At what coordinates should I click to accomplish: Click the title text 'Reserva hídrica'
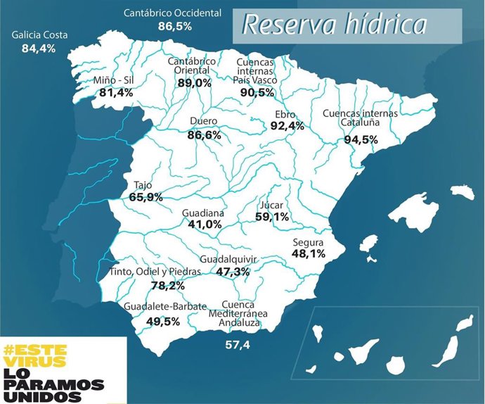[334, 25]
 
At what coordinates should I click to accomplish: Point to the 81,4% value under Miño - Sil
[116, 93]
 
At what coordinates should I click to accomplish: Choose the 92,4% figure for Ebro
[287, 126]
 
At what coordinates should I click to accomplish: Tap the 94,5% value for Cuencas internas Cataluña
[361, 139]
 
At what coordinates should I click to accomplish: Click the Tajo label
[143, 186]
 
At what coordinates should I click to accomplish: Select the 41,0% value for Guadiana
[205, 225]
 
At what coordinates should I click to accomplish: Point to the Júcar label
[271, 206]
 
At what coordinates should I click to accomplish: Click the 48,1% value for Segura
[308, 253]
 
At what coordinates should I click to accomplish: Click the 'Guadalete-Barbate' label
[165, 308]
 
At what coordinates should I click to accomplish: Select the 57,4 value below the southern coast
[238, 345]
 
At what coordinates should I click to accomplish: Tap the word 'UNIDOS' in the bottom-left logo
[41, 396]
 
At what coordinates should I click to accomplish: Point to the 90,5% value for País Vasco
[257, 92]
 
